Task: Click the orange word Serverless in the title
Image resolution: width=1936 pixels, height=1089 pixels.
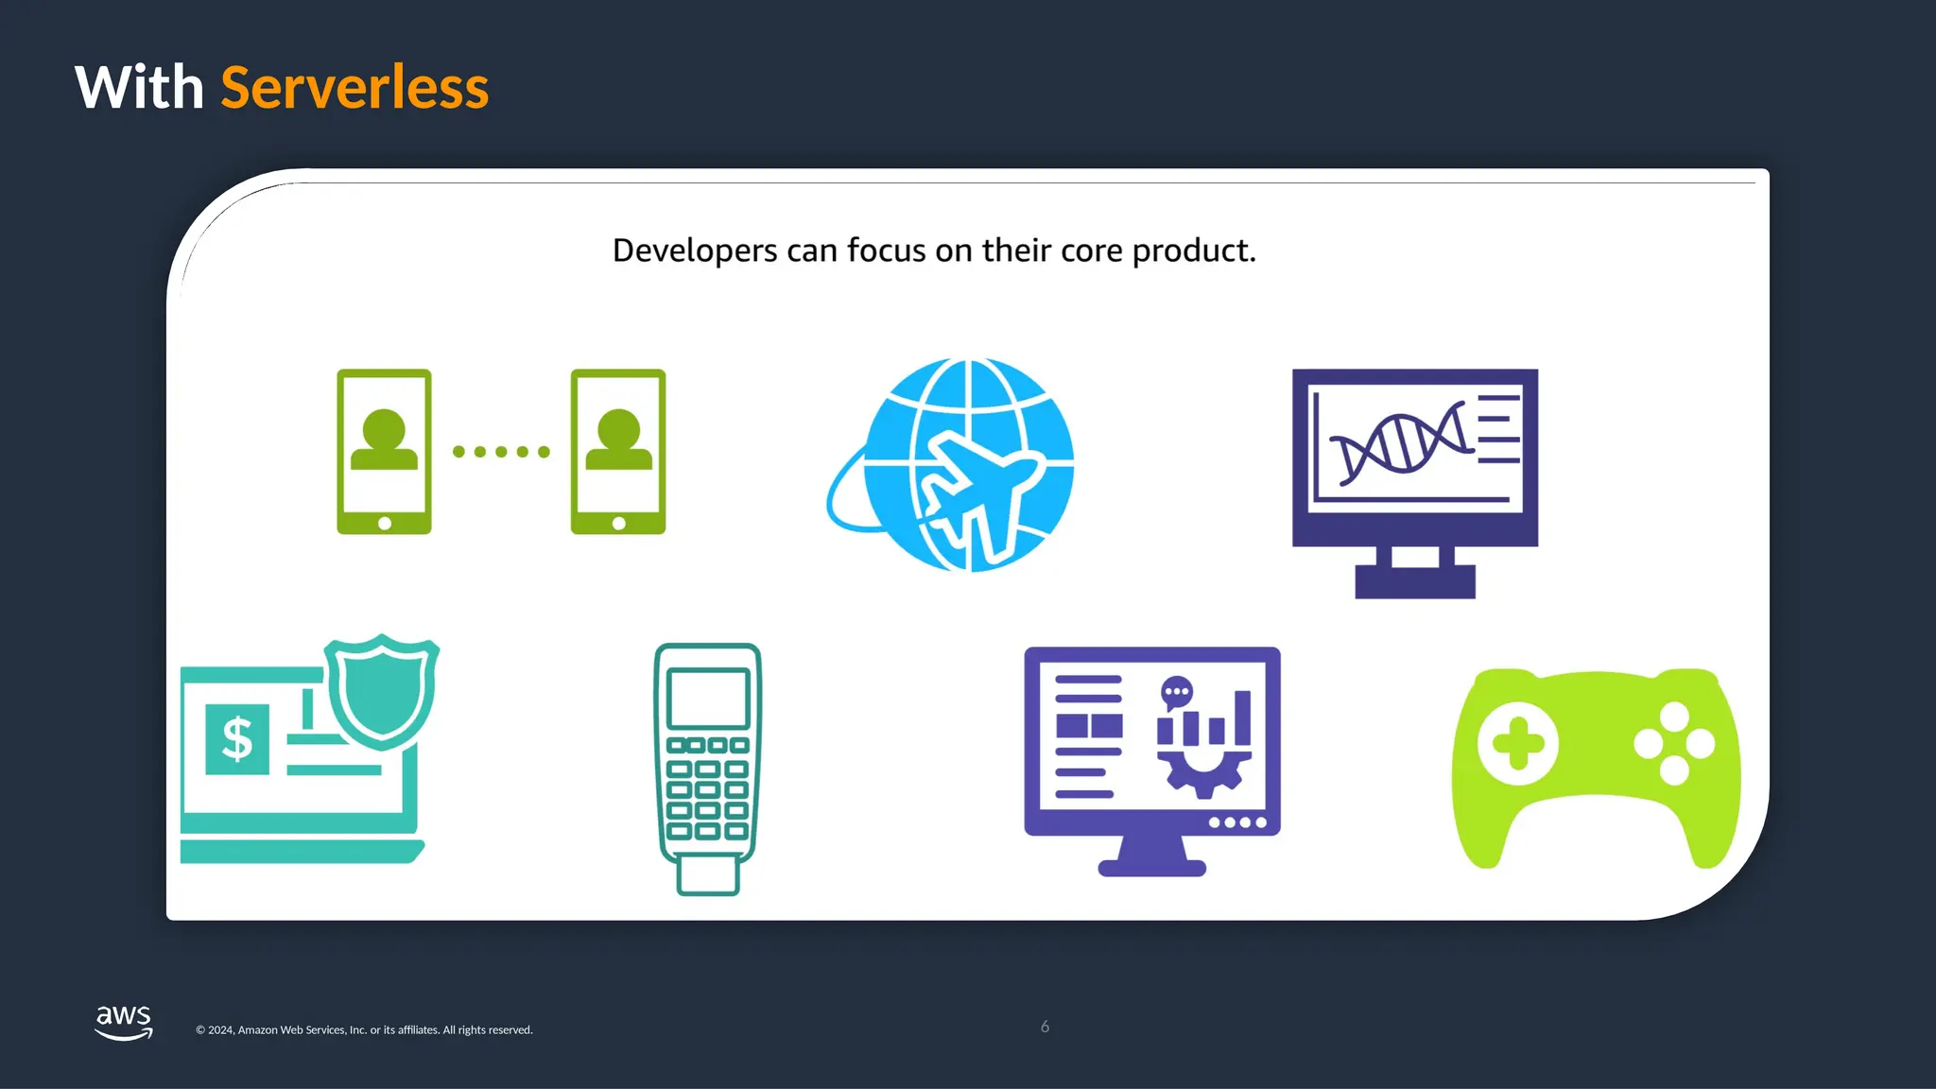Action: coord(354,88)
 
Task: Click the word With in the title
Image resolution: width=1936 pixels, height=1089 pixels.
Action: coord(139,88)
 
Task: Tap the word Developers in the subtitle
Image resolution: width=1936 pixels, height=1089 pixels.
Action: coord(695,251)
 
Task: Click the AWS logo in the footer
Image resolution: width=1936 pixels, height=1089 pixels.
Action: coord(124,1022)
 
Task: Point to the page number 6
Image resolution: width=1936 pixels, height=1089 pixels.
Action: coord(1045,1027)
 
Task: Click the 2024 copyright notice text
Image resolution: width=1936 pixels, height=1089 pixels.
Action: coord(364,1030)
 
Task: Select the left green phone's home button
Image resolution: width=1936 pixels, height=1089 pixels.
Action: coord(385,523)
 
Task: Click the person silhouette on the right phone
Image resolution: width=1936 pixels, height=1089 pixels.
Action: coord(618,439)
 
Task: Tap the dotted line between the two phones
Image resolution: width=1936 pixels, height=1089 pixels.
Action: coord(501,452)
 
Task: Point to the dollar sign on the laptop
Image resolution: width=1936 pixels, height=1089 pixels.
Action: coord(237,739)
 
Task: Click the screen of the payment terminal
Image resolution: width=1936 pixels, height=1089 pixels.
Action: coord(708,698)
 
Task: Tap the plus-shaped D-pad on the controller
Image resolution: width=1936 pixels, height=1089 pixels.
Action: coord(1517,744)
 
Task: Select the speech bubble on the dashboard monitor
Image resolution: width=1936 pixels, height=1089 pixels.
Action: coord(1176,692)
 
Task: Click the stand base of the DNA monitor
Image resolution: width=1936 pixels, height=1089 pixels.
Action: coord(1414,581)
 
